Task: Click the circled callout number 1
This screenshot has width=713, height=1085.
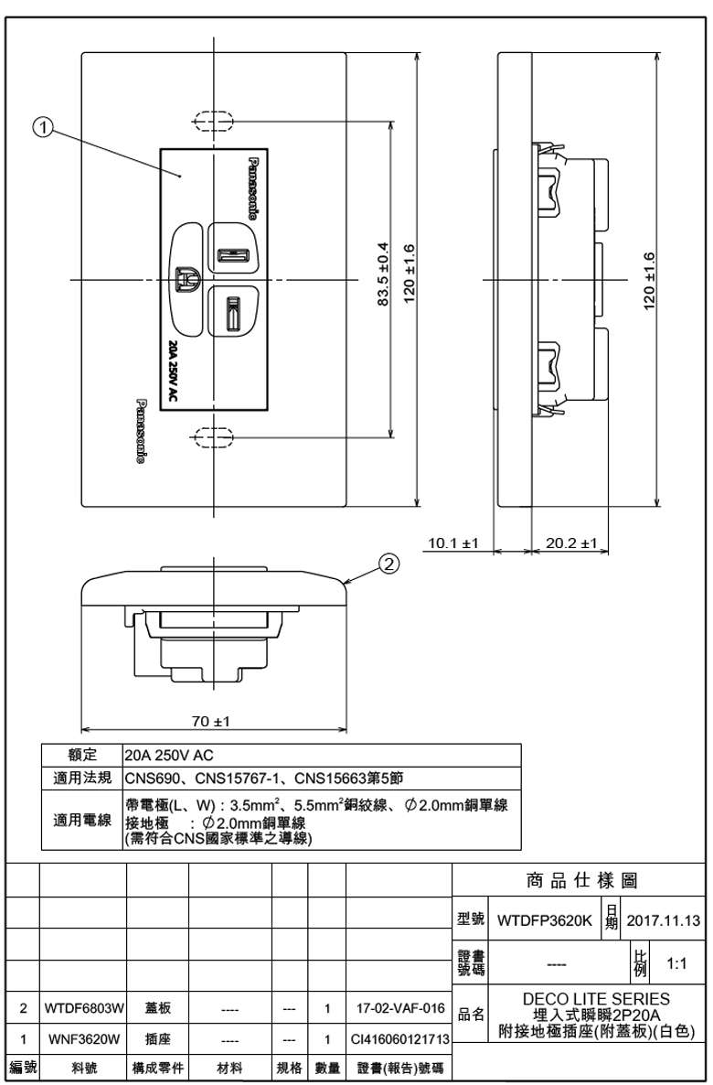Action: (x=44, y=127)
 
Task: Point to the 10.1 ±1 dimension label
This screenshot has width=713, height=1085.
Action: (x=454, y=543)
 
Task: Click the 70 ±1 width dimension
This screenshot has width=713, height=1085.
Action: (x=211, y=721)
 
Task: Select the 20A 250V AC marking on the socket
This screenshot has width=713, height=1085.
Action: (x=173, y=371)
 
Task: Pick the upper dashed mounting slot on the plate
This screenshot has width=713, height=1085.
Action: (x=213, y=120)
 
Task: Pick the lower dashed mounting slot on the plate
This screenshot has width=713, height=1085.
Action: (x=213, y=436)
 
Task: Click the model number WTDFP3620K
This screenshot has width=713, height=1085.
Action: (x=545, y=921)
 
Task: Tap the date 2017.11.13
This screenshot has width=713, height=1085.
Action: (x=664, y=921)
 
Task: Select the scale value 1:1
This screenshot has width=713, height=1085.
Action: (x=676, y=963)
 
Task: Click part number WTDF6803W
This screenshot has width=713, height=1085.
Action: (x=83, y=1008)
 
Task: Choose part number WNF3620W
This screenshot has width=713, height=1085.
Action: (x=84, y=1039)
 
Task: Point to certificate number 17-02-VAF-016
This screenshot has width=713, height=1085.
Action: (x=400, y=1008)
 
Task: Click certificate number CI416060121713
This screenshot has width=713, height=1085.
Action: (x=400, y=1039)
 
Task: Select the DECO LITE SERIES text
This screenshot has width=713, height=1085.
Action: (x=596, y=998)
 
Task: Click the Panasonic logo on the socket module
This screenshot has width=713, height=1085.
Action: (x=253, y=186)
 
